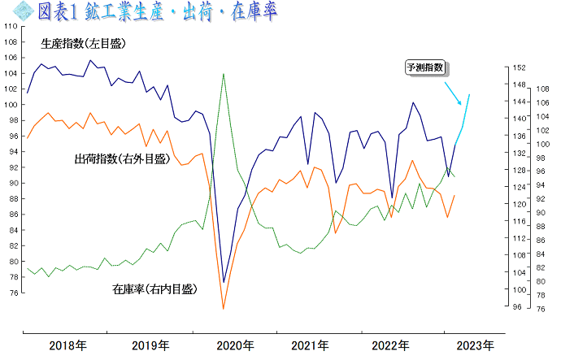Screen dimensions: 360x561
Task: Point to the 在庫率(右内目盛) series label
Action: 154,288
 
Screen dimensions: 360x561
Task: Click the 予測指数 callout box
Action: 428,68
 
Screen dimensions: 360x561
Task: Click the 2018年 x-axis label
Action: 68,345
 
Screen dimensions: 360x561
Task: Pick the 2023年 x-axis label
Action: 474,345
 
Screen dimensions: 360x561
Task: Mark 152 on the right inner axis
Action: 517,67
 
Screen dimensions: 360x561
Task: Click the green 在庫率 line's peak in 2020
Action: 224,74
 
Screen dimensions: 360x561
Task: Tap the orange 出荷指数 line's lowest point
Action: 224,309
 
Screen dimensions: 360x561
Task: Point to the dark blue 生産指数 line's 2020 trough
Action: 224,283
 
